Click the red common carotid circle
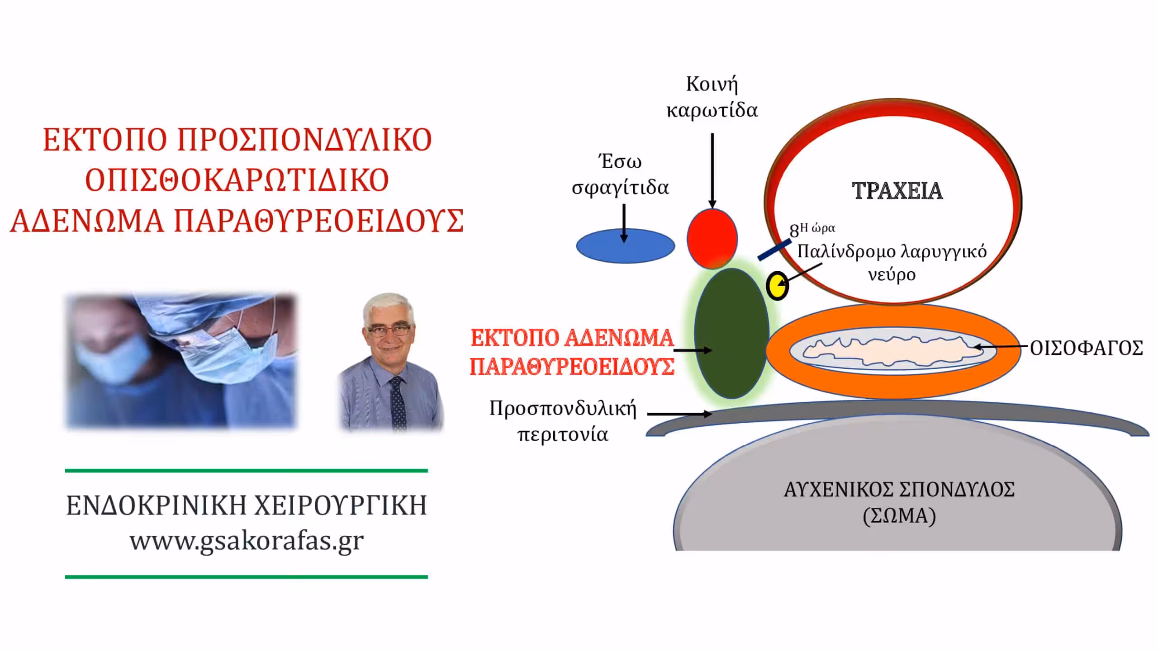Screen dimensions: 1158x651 point(712,239)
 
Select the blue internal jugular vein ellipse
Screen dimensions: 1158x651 point(625,246)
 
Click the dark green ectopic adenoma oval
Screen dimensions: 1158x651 point(731,334)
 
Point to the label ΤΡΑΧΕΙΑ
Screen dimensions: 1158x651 point(897,191)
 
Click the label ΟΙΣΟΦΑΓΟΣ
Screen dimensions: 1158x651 point(1087,348)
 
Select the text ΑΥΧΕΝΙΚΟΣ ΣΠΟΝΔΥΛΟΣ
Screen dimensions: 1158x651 point(899,490)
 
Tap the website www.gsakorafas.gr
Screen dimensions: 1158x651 point(247,541)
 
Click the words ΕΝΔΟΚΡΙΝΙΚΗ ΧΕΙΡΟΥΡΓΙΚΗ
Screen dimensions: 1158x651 point(247,505)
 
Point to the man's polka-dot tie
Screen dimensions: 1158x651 point(398,403)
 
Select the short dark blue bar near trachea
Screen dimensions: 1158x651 point(774,250)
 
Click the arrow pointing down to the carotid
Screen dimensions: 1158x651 point(712,171)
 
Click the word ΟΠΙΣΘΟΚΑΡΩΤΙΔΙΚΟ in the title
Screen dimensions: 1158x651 point(237,180)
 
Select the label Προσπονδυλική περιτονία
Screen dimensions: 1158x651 point(563,421)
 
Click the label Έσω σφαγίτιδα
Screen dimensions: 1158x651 point(620,175)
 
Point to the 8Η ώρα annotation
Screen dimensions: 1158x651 point(812,230)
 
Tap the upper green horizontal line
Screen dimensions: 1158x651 point(247,471)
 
